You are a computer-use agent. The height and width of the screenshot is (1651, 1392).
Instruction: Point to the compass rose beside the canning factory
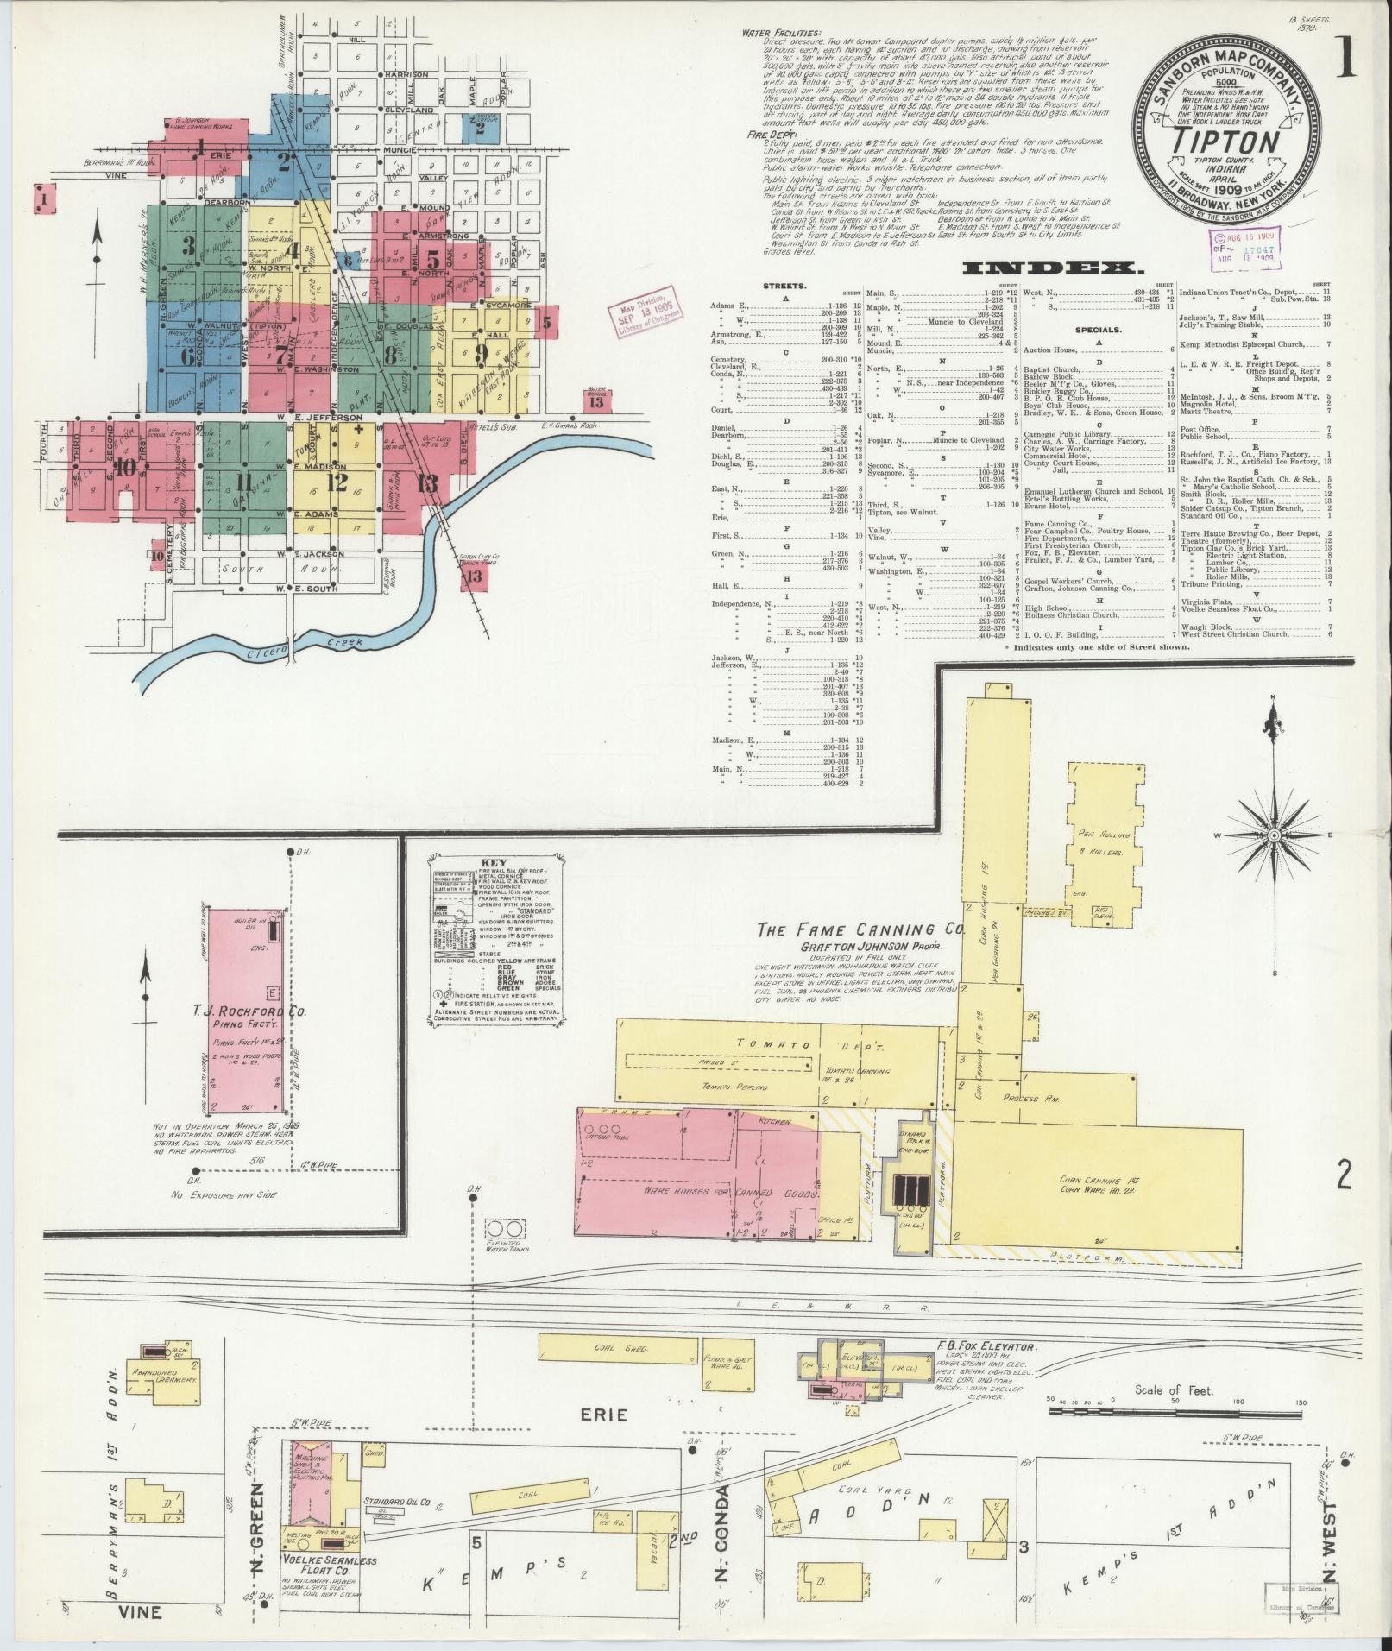1273,836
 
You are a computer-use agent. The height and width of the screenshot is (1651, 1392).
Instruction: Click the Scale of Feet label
1163,1390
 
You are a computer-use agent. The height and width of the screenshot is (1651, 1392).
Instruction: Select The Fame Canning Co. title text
859,930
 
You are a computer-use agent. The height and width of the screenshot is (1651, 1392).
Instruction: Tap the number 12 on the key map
337,482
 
